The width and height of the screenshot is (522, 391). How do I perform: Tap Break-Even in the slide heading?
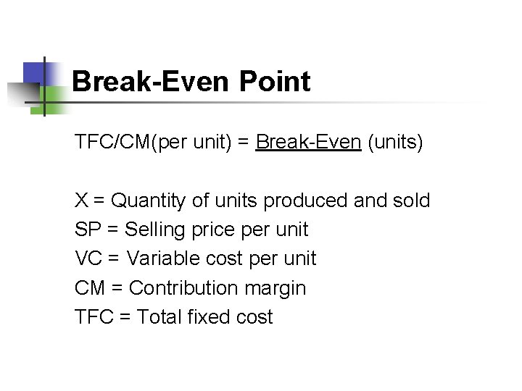point(151,82)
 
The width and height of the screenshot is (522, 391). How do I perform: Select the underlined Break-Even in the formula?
point(309,141)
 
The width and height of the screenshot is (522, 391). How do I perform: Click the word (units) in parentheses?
point(396,141)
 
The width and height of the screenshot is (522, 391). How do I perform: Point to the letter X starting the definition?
point(81,201)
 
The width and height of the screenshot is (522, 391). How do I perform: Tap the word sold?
point(410,201)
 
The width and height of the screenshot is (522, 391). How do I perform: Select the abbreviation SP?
point(88,230)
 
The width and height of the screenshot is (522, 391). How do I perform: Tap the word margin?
point(275,287)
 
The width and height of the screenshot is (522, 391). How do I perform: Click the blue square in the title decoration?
point(34,73)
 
